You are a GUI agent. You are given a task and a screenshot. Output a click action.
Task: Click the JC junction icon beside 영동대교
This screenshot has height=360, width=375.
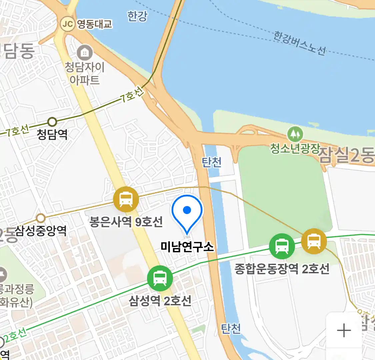pyautogui.click(x=68, y=24)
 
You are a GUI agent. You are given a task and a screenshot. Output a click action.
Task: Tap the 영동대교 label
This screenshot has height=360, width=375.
pyautogui.click(x=95, y=24)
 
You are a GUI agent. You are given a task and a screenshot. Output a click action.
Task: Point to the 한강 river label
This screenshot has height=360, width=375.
pyautogui.click(x=137, y=16)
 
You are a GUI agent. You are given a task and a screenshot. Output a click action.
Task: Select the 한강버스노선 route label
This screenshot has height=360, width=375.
pyautogui.click(x=299, y=43)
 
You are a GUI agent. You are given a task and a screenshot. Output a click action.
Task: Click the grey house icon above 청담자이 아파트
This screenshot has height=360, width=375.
pyautogui.click(x=85, y=52)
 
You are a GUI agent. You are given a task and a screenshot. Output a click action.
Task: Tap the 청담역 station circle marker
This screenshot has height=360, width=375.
pyautogui.click(x=52, y=122)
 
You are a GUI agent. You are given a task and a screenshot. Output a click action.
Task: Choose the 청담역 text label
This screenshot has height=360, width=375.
pyautogui.click(x=52, y=134)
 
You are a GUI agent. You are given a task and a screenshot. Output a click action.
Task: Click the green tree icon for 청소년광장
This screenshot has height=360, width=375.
pyautogui.click(x=295, y=134)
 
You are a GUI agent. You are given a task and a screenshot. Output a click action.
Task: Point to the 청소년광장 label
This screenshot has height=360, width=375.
pyautogui.click(x=295, y=148)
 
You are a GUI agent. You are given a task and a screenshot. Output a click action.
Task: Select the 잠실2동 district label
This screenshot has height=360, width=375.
pyautogui.click(x=347, y=156)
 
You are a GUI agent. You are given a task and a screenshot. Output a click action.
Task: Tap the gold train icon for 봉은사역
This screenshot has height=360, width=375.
pyautogui.click(x=126, y=199)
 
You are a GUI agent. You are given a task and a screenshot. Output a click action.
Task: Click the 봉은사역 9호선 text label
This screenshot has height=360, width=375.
pyautogui.click(x=126, y=222)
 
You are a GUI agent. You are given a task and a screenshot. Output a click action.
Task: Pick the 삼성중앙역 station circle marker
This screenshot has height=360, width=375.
pyautogui.click(x=41, y=218)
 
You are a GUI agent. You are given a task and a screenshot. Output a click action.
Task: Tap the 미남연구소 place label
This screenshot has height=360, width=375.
pyautogui.click(x=187, y=247)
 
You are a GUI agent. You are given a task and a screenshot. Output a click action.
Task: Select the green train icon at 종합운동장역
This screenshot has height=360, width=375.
pyautogui.click(x=282, y=246)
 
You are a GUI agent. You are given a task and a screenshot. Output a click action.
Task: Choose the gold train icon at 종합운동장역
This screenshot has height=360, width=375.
pyautogui.click(x=314, y=241)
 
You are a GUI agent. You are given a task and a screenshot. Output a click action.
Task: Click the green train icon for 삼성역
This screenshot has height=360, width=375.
pyautogui.click(x=160, y=278)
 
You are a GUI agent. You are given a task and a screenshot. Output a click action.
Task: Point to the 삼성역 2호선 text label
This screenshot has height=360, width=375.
pyautogui.click(x=160, y=301)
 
